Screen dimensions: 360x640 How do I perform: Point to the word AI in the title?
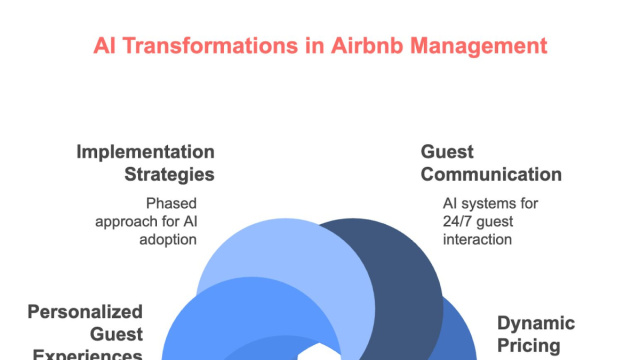[105, 46]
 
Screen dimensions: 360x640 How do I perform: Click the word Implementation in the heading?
[146, 152]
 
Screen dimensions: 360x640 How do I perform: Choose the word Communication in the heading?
[491, 174]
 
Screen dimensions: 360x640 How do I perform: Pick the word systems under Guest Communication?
[487, 203]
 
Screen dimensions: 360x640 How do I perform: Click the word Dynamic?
[536, 323]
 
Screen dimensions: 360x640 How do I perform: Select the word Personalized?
[84, 312]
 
